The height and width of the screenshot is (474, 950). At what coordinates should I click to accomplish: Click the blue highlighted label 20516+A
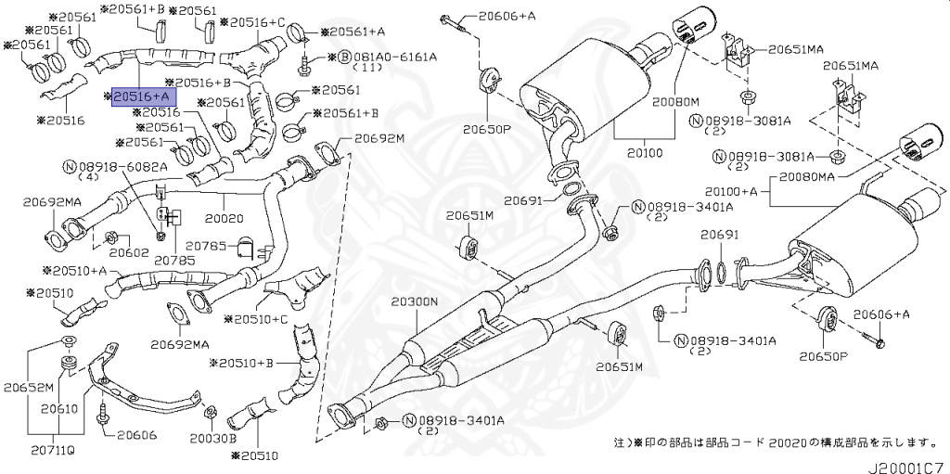pyautogui.click(x=141, y=96)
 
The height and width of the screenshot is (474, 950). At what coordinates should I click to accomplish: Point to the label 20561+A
pyautogui.click(x=356, y=32)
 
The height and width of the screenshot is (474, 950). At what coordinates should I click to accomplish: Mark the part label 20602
pyautogui.click(x=130, y=251)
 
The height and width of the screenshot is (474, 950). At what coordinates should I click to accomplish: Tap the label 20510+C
pyautogui.click(x=263, y=319)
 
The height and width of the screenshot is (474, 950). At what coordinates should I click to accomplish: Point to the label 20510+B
pyautogui.click(x=243, y=363)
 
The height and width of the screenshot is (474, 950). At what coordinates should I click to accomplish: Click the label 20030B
pyautogui.click(x=214, y=437)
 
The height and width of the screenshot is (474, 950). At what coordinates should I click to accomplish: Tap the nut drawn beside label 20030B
pyautogui.click(x=210, y=412)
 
